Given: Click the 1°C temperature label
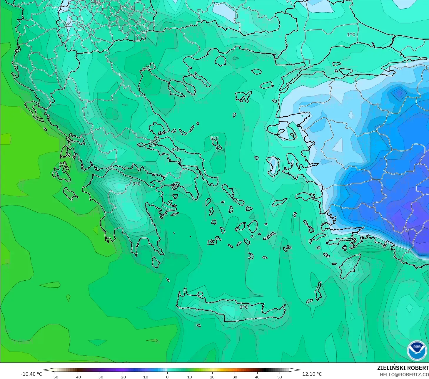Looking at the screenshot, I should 351,34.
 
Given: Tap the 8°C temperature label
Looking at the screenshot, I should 146,69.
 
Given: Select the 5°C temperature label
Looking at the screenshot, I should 215,138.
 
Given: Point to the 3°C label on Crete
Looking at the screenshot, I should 244,307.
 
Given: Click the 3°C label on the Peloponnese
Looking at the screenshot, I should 136,184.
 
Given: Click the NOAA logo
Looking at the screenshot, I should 417,350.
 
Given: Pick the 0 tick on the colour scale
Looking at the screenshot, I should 167,377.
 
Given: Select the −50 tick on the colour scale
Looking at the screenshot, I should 55,377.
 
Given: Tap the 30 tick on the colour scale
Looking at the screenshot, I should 235,377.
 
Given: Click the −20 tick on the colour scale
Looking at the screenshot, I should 122,377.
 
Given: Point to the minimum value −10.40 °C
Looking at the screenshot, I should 31,374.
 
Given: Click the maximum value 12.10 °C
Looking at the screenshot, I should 312,374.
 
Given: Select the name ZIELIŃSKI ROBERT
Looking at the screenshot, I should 403,368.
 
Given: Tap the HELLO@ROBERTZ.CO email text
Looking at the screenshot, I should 404,375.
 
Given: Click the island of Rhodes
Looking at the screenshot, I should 350,266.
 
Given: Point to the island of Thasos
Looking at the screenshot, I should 220,61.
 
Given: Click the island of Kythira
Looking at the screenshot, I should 156,262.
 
